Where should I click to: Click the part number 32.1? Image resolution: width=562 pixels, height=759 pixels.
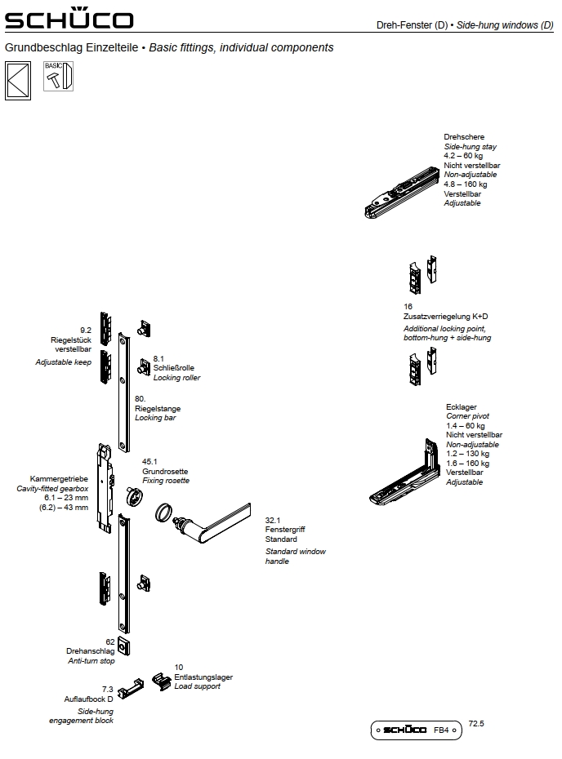pyautogui.click(x=273, y=520)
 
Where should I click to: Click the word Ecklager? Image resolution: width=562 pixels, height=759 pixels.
pyautogui.click(x=461, y=406)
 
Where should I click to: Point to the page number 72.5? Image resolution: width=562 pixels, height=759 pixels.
pyautogui.click(x=477, y=722)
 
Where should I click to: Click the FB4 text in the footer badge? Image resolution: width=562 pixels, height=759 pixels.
pyautogui.click(x=441, y=730)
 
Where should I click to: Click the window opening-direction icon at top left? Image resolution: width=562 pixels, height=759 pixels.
pyautogui.click(x=17, y=81)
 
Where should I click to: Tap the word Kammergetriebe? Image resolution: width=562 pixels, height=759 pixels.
pyautogui.click(x=58, y=479)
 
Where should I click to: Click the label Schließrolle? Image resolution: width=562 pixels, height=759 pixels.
pyautogui.click(x=173, y=368)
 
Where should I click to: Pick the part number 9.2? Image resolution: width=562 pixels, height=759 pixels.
pyautogui.click(x=86, y=330)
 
